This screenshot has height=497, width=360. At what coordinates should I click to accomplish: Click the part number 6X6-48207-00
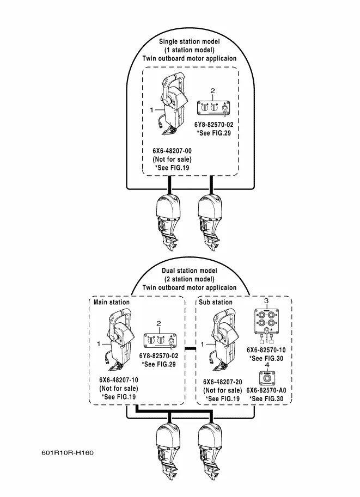pyautogui.click(x=172, y=150)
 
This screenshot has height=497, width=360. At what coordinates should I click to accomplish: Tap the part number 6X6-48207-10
pyautogui.click(x=118, y=380)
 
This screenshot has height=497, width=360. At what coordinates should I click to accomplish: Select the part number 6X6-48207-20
pyautogui.click(x=222, y=382)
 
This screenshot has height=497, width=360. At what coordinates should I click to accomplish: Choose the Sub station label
pyautogui.click(x=215, y=302)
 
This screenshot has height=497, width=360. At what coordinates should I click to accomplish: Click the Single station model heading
pyautogui.click(x=190, y=41)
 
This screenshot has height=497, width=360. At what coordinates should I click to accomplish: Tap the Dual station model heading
pyautogui.click(x=190, y=271)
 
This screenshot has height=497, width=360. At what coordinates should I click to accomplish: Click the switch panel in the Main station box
pyautogui.click(x=158, y=341)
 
